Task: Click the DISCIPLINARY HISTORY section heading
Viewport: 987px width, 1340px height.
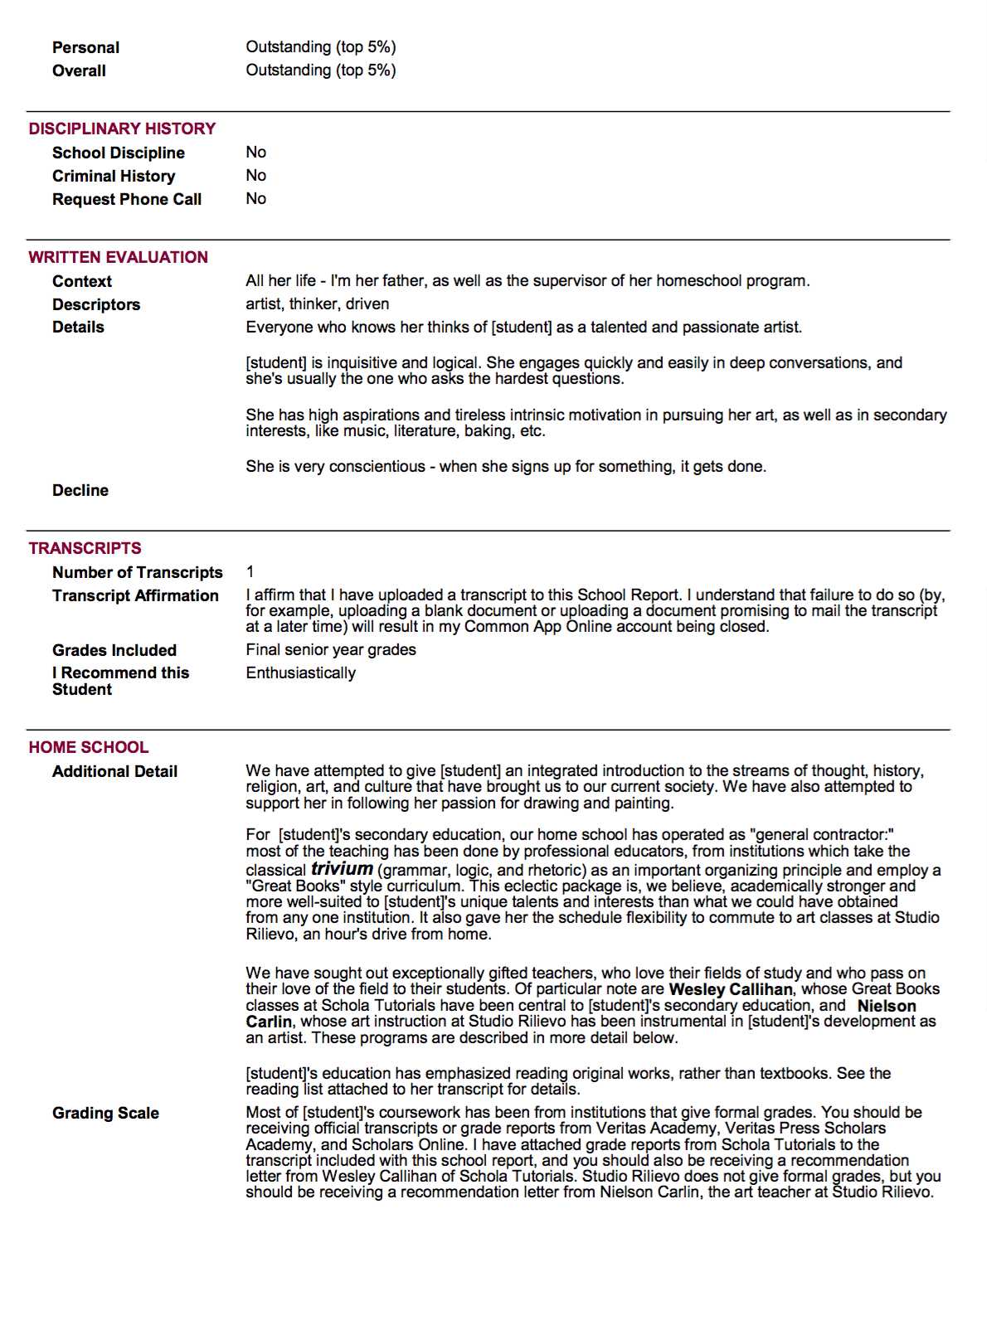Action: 122,129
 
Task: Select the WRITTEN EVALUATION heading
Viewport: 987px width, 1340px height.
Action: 118,257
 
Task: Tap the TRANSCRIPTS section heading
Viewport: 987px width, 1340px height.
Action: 85,548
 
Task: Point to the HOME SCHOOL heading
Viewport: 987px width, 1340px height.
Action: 88,747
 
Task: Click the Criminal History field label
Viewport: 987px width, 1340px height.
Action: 114,176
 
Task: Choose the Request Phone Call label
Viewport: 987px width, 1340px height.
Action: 127,199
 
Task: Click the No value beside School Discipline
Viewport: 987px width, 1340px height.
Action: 255,153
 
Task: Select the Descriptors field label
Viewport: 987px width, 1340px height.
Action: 96,304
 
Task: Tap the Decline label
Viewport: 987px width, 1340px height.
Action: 80,490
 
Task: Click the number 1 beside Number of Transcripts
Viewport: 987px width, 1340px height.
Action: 250,572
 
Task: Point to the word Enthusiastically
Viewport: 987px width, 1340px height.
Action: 300,673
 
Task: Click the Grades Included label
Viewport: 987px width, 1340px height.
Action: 114,650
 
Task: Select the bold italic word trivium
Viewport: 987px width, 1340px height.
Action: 342,869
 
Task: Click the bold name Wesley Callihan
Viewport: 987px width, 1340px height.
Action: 730,989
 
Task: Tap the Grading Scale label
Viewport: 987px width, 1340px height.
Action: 105,1113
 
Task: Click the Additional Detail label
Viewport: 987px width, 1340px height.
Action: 114,771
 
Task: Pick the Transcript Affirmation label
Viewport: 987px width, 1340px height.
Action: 135,595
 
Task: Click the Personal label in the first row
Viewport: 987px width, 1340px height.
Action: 85,47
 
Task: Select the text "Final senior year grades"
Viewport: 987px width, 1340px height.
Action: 331,650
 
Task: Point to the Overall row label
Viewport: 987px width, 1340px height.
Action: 79,70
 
